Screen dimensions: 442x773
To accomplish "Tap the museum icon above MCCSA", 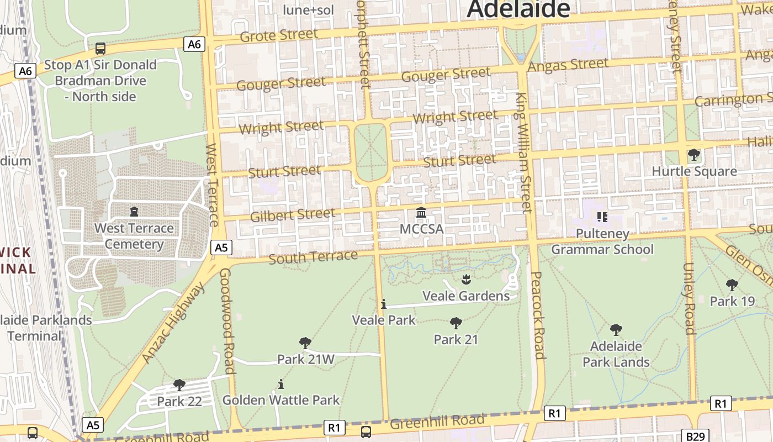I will pos(421,213).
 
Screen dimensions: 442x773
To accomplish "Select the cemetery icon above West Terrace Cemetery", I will pos(134,211).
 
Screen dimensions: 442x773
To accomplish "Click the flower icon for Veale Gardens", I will pos(466,280).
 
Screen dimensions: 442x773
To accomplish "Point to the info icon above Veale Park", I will pos(383,304).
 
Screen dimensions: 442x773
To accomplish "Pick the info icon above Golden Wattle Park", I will pos(281,384).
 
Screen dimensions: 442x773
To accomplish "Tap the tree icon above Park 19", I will pos(732,285).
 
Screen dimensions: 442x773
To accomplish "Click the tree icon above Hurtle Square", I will pos(694,155).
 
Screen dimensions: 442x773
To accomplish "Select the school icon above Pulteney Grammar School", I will pos(602,217).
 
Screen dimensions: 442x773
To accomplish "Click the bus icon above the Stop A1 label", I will pos(100,49).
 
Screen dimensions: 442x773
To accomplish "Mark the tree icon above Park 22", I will pos(179,385).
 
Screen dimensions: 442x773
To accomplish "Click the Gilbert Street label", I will pos(293,214).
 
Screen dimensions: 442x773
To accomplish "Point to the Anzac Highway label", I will pos(173,323).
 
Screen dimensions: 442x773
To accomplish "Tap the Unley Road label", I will pos(689,298).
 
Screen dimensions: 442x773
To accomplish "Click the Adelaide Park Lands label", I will pos(616,354).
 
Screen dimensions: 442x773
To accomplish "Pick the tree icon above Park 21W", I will pos(305,343).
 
